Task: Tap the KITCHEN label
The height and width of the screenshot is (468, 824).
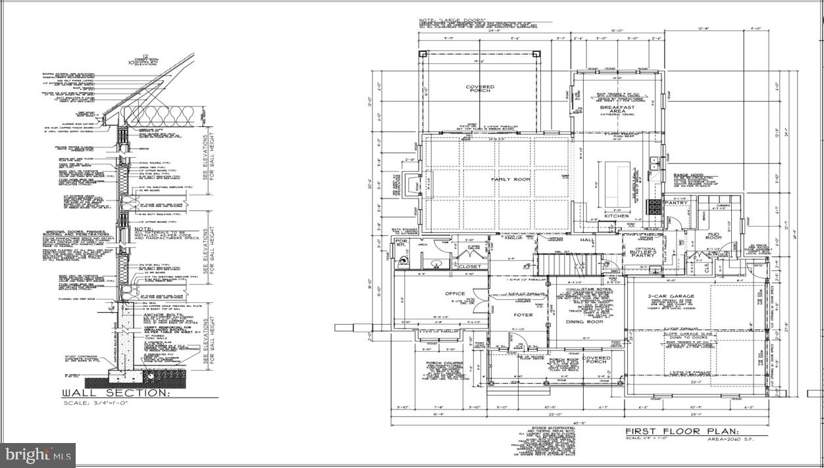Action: point(617,216)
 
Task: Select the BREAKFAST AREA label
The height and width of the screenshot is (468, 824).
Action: point(617,109)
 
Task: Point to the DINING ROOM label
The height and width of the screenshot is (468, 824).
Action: point(585,322)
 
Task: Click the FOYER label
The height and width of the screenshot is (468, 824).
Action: point(523,315)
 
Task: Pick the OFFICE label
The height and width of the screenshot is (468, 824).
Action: point(455,294)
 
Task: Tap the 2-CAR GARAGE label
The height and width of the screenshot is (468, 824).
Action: point(690,297)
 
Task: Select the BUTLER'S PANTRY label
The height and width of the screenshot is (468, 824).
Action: point(643,254)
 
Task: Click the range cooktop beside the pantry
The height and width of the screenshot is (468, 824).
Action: point(656,206)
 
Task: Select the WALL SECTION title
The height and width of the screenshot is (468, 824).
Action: point(115,393)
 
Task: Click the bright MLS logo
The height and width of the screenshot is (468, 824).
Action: point(38,454)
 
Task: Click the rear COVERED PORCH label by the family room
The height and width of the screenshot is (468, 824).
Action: point(480,89)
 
